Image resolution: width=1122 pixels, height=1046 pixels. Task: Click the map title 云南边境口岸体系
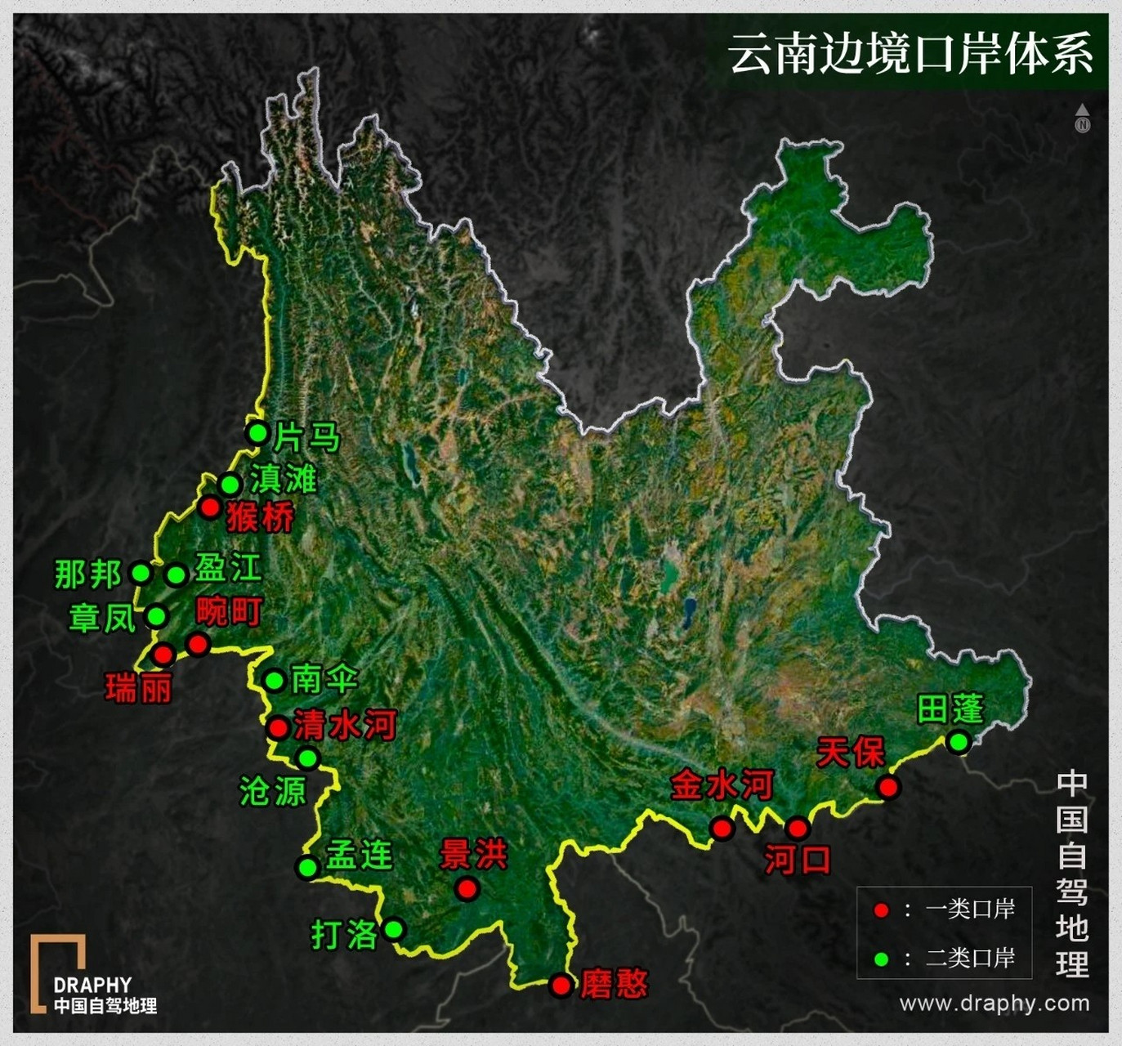point(910,54)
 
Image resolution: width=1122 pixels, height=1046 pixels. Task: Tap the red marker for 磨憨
point(561,985)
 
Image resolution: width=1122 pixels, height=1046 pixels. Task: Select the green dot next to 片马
point(257,432)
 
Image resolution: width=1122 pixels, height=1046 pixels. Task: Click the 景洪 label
point(473,854)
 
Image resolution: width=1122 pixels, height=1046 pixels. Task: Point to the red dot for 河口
point(798,829)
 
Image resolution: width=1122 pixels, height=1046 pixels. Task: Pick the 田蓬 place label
point(950,709)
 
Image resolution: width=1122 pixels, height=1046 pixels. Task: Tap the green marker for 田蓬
point(958,742)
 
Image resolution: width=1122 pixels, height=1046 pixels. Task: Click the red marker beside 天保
point(888,787)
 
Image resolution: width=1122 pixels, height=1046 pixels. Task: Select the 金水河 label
point(722,785)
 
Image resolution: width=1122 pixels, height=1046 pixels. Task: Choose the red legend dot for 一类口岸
point(880,910)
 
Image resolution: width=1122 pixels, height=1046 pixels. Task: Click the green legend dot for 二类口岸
point(880,959)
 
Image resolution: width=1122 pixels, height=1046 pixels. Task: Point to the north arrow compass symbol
point(1083,118)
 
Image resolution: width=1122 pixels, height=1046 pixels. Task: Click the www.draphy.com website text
point(994,1003)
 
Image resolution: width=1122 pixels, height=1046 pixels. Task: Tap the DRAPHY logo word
point(92,985)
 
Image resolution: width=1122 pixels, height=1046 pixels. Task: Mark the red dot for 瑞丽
point(163,654)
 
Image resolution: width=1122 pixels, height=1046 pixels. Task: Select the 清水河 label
point(345,725)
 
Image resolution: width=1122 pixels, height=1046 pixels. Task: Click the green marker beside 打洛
point(394,929)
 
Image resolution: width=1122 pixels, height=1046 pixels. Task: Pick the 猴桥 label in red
point(261,517)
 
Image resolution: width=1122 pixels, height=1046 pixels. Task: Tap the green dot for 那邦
point(141,573)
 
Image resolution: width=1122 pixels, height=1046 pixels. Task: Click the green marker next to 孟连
point(307,867)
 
